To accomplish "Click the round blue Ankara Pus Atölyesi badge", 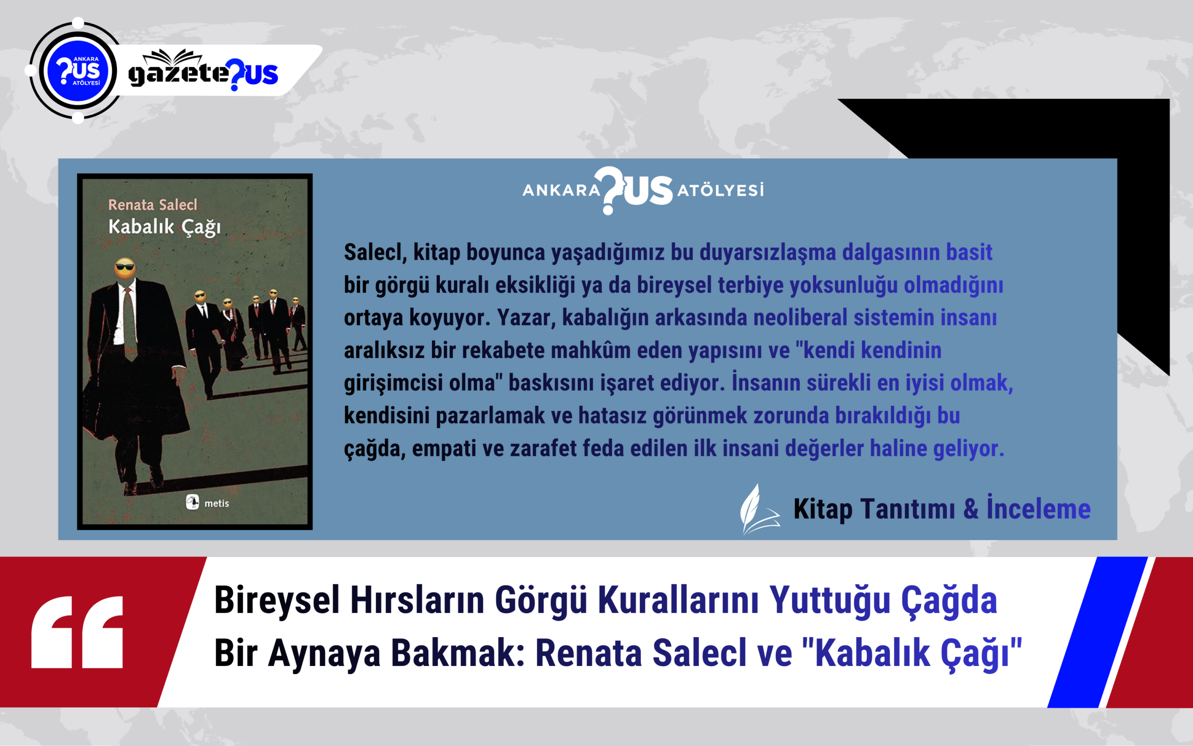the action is [x=78, y=71].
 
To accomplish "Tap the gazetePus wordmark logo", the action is [x=203, y=71].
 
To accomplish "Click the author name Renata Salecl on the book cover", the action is [x=152, y=204].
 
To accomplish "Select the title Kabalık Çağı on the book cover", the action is [x=165, y=227].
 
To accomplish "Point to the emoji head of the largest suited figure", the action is [x=124, y=268].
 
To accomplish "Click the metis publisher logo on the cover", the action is [x=207, y=503].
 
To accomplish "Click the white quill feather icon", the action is [x=760, y=509].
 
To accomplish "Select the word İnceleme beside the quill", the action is [x=1038, y=509].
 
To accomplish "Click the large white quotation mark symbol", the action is [x=77, y=632].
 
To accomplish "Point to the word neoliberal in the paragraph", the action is [x=801, y=317].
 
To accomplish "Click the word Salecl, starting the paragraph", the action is [x=375, y=252].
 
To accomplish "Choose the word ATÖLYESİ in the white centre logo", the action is [x=720, y=190].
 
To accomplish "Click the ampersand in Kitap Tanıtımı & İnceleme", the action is [x=971, y=509].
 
